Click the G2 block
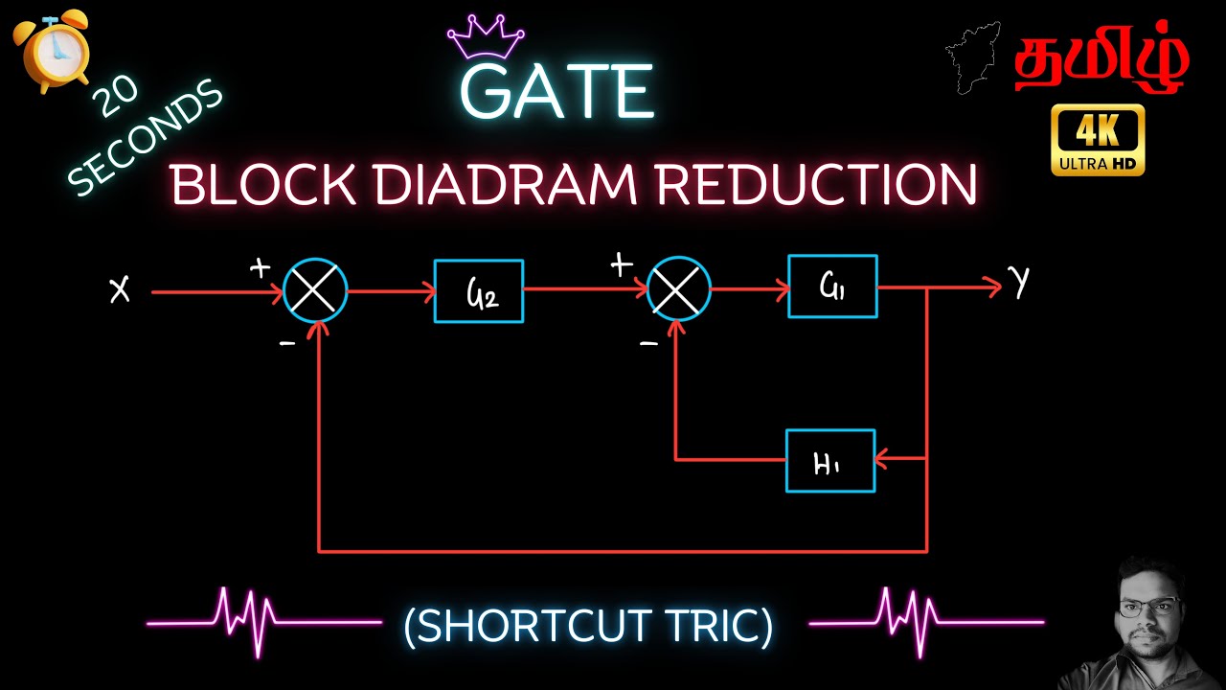479,291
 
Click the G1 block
832,286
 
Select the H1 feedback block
830,461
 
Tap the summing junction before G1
678,287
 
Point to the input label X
120,289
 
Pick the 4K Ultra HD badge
1098,140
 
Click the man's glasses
1148,608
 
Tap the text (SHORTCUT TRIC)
588,627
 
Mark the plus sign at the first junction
260,267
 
